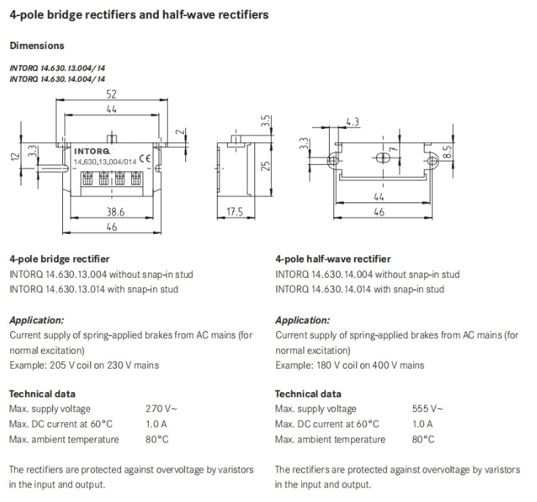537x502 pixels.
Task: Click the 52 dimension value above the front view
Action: coord(112,95)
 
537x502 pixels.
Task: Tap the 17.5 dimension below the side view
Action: coord(234,213)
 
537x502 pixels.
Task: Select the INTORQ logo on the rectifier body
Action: coord(92,152)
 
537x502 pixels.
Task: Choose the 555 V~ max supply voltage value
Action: coord(428,409)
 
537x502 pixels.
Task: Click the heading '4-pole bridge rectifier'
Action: coord(59,259)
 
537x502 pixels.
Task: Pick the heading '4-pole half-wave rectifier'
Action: coord(333,259)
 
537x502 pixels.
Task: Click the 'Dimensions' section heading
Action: coord(37,45)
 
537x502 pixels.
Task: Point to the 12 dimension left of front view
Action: coord(13,157)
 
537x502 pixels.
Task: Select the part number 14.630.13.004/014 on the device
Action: coord(104,161)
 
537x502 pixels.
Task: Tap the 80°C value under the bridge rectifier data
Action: coord(158,439)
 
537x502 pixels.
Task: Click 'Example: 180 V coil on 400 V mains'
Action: coord(349,365)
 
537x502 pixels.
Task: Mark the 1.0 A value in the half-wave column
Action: coord(423,424)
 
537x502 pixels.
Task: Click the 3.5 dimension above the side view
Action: coord(267,120)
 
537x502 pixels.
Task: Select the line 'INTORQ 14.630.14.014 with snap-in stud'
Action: coord(360,289)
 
